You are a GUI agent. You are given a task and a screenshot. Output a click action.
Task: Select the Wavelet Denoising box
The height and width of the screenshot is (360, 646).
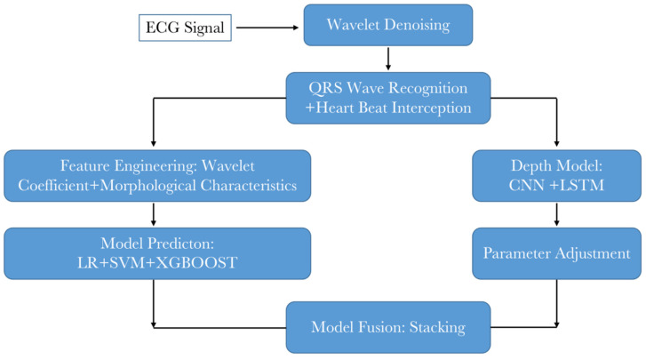coord(387,25)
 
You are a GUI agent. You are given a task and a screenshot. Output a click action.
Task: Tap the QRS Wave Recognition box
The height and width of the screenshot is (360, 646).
coord(387,98)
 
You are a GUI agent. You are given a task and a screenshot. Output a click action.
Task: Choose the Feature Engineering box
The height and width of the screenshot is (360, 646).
coord(157,175)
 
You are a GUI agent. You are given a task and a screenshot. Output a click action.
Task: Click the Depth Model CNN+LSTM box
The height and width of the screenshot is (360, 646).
coord(556,175)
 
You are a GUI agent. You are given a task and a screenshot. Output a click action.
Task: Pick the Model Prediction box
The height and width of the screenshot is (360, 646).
coord(157,253)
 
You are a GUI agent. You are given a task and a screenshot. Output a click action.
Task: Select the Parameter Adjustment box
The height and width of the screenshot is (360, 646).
coord(556,253)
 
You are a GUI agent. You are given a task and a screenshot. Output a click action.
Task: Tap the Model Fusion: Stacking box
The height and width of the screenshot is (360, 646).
coord(387,327)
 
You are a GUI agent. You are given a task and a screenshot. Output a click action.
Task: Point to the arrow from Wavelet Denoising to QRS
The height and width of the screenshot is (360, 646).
coord(387,60)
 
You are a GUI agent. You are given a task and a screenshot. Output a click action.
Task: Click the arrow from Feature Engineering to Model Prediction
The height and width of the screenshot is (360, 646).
coord(156,214)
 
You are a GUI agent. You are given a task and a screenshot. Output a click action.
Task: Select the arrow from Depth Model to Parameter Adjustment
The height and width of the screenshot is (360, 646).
coord(556,214)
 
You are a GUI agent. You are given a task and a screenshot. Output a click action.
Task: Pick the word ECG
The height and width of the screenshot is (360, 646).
coord(163,29)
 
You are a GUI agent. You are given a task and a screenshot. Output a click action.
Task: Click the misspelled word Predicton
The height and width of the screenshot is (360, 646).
coord(195,243)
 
